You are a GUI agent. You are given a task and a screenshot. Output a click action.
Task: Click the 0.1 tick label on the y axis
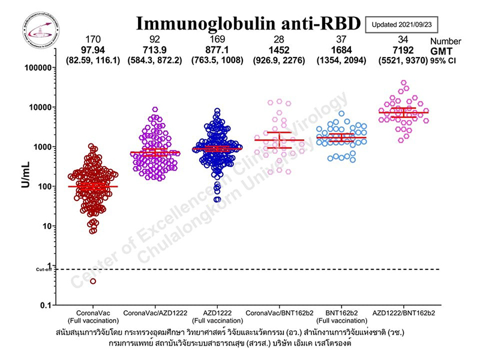(45, 305)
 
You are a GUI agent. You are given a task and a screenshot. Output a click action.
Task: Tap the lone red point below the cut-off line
(93, 281)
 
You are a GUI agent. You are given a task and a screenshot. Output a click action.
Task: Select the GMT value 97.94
(93, 50)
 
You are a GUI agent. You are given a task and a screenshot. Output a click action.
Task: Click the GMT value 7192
(403, 50)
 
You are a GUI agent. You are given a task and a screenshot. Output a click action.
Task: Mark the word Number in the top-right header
(446, 41)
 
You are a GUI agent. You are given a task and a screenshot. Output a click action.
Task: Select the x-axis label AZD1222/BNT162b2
(403, 314)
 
